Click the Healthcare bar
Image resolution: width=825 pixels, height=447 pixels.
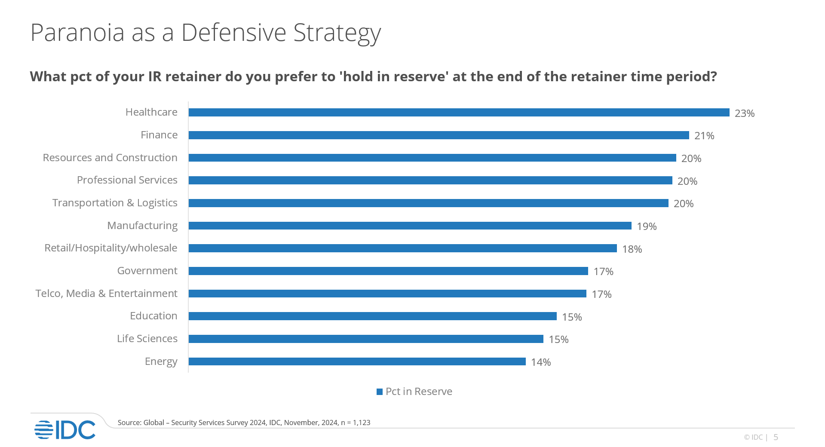pos(459,113)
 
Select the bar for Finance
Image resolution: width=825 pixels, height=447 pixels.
pos(439,135)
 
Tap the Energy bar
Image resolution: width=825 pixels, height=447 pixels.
pos(357,361)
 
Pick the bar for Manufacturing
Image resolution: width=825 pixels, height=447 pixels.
pos(410,226)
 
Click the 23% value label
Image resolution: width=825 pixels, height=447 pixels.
pos(744,113)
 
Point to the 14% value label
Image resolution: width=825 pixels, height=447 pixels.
pos(540,362)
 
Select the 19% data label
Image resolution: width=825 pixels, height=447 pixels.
pos(646,227)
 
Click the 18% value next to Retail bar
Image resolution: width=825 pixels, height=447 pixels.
pos(632,249)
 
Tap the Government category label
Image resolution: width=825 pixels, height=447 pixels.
pos(147,271)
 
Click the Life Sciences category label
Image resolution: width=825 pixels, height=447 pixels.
pos(147,339)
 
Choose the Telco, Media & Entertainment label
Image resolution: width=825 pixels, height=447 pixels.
pos(106,294)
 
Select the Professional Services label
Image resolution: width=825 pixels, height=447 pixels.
pos(127,180)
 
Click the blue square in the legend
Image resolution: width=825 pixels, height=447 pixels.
pos(379,392)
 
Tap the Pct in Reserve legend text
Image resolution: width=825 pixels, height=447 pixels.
pos(419,392)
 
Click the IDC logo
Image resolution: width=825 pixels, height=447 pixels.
pos(65,430)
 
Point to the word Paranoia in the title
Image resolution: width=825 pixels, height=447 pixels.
pos(77,33)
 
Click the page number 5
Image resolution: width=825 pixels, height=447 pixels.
pos(776,437)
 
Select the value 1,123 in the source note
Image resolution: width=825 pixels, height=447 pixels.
pos(361,423)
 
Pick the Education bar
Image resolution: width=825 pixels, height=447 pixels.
pos(372,316)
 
